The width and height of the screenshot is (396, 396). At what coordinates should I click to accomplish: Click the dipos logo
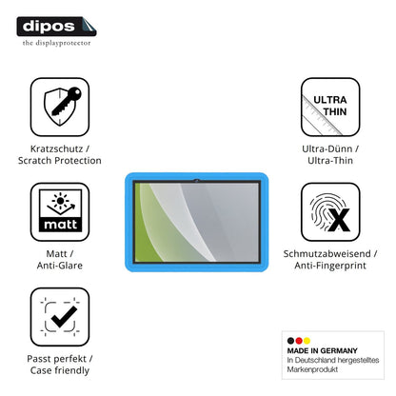click(56, 27)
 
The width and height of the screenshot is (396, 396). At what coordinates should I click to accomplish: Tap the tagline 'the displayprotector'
click(56, 43)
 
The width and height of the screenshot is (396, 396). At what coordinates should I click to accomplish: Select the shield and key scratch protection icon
click(60, 107)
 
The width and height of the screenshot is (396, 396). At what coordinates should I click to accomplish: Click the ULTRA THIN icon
click(330, 107)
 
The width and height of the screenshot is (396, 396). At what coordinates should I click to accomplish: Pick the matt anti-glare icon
click(60, 211)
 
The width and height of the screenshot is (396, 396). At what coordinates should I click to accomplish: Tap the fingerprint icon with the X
click(330, 211)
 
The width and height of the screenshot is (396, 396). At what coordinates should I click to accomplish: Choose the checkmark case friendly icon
click(60, 317)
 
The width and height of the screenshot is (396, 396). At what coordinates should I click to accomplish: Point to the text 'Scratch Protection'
click(60, 161)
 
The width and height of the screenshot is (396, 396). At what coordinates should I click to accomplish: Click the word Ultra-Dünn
click(327, 148)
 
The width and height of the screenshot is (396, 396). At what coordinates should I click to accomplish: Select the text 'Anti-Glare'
click(60, 266)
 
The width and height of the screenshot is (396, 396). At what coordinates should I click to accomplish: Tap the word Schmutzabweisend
click(327, 253)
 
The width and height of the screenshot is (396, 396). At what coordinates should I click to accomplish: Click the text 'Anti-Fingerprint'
click(330, 266)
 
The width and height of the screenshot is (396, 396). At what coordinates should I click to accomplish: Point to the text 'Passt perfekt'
click(56, 359)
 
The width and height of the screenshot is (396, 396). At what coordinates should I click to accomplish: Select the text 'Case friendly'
click(60, 370)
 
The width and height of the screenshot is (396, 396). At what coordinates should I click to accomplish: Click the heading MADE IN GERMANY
click(322, 350)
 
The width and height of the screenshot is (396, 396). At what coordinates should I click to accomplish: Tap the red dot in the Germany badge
click(299, 341)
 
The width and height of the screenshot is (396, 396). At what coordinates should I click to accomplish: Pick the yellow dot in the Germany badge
click(307, 341)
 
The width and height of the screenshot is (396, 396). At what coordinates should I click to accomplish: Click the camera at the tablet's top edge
click(197, 181)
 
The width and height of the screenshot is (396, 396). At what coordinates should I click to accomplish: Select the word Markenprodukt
click(312, 369)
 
